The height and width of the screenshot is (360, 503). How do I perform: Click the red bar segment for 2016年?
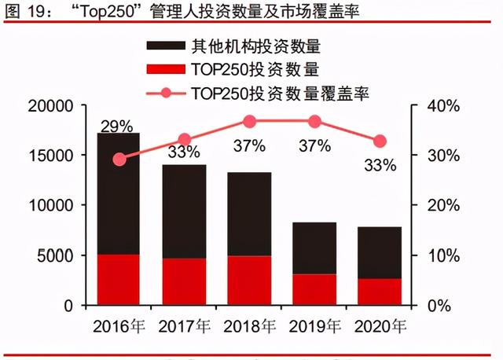click(119, 279)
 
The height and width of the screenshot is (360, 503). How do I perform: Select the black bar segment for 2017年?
click(184, 211)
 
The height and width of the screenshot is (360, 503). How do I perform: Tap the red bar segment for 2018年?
click(249, 280)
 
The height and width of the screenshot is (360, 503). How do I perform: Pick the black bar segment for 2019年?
click(314, 248)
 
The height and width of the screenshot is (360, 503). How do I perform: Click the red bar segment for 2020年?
click(380, 292)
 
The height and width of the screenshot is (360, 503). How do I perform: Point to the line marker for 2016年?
click(119, 160)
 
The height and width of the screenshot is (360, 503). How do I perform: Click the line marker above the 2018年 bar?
click(249, 121)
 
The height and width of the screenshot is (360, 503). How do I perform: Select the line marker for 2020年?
click(380, 141)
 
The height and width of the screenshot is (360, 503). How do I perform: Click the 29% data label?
click(116, 126)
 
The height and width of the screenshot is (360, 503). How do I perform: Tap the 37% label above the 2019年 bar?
click(314, 146)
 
